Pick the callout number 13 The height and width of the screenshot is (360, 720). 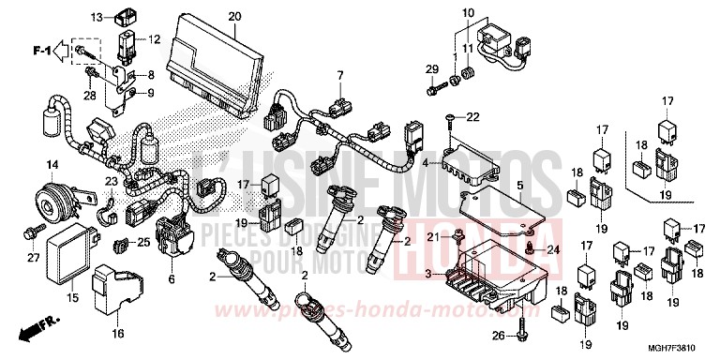click(97, 17)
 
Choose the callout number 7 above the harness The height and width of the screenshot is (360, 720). click(341, 74)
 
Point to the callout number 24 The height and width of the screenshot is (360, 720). click(551, 249)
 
